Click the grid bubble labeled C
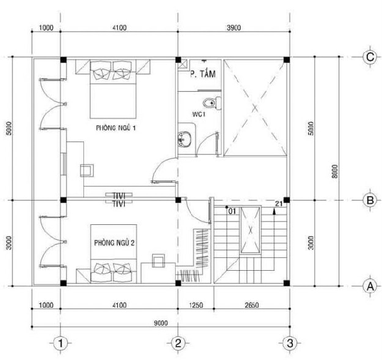[x=370, y=57]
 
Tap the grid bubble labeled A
[x=370, y=286]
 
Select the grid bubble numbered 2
[x=178, y=343]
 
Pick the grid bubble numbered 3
[x=290, y=343]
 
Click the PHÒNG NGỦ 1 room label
[x=116, y=127]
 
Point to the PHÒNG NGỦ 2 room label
[x=114, y=243]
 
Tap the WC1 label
[x=199, y=114]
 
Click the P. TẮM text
[x=203, y=74]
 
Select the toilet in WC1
[x=212, y=103]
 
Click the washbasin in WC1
[x=185, y=139]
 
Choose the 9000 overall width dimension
[x=161, y=323]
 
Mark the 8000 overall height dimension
[x=336, y=171]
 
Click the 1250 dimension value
[x=196, y=305]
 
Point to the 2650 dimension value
[x=251, y=305]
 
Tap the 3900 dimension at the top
[x=234, y=28]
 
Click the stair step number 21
[x=279, y=203]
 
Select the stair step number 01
[x=232, y=212]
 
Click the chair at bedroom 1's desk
[x=87, y=170]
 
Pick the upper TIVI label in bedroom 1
[x=119, y=196]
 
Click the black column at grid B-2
[x=178, y=200]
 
